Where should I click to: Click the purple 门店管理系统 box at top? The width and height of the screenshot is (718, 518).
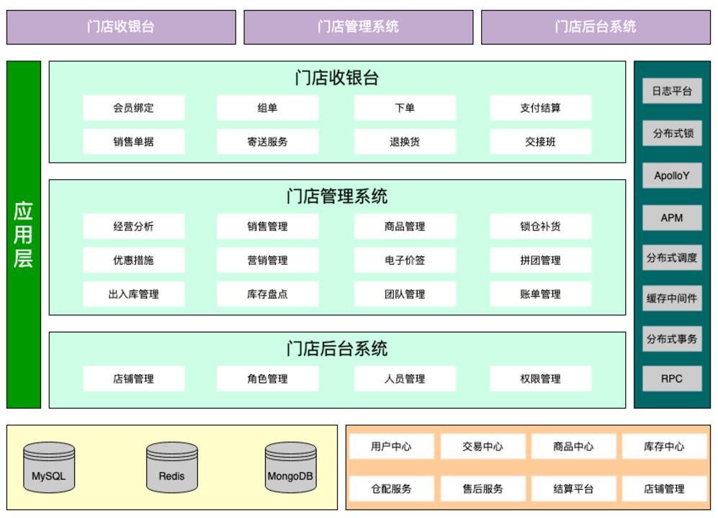point(358,27)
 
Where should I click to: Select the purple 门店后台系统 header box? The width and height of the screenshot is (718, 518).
point(595,27)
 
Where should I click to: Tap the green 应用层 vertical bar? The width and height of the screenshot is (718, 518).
point(23,234)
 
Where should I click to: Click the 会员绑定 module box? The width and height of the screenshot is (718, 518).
point(133,108)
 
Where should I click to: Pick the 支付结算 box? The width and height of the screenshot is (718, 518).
point(540,108)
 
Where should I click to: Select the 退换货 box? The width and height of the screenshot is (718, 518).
point(404,142)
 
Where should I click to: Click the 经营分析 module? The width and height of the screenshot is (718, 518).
point(133,226)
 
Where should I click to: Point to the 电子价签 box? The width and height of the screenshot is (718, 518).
point(404,260)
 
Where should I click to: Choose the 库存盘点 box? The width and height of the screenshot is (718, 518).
point(267,294)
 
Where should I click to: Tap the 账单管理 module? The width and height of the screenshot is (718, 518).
point(540,294)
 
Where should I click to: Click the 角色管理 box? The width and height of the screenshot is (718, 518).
point(267,378)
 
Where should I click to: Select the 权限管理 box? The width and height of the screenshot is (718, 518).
point(540,378)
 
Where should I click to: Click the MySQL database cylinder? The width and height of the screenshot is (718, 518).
point(48,468)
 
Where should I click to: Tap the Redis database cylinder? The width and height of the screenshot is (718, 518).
point(171,468)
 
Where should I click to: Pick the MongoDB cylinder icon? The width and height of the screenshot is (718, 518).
point(290,468)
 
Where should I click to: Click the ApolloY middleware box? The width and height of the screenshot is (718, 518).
point(671,176)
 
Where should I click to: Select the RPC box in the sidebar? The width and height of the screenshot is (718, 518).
point(671,378)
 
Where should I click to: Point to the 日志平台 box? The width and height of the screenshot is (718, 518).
point(671,91)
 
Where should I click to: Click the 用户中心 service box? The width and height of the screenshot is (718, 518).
point(391,446)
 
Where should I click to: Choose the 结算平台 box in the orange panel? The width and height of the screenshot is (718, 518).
point(573,489)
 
